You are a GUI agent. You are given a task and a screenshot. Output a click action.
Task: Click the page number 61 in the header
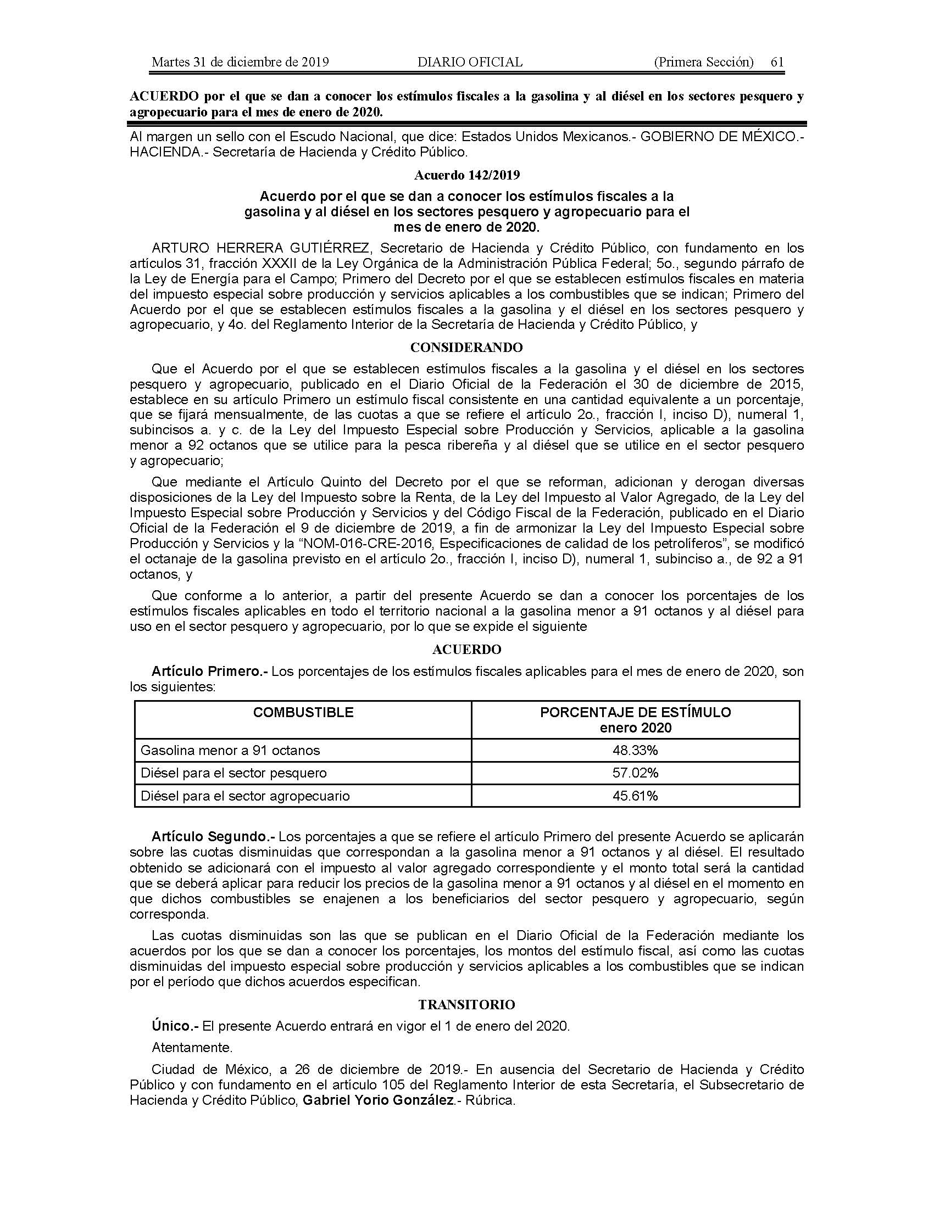[777, 62]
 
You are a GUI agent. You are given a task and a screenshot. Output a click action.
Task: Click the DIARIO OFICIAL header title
[470, 62]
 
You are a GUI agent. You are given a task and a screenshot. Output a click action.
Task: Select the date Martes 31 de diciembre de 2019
[240, 62]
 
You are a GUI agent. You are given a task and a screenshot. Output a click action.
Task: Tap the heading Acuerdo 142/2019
[467, 175]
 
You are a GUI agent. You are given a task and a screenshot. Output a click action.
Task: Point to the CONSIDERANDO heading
[466, 348]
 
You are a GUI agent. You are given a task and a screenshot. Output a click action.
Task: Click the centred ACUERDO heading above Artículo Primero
[467, 649]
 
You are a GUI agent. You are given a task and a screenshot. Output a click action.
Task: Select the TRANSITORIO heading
[466, 1004]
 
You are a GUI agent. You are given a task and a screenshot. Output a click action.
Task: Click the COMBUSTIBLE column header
[303, 712]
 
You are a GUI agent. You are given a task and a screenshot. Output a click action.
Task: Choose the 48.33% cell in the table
[635, 750]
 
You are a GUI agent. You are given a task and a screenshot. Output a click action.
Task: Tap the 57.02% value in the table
[635, 773]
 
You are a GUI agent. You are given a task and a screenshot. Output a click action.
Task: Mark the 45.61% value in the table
[635, 796]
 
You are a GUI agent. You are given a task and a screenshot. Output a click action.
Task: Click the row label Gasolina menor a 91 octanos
[230, 751]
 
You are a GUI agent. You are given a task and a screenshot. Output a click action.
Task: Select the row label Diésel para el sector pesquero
[233, 773]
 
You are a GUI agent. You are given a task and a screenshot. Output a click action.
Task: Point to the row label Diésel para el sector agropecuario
[245, 796]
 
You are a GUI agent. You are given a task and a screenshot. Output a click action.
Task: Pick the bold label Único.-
[175, 1026]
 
